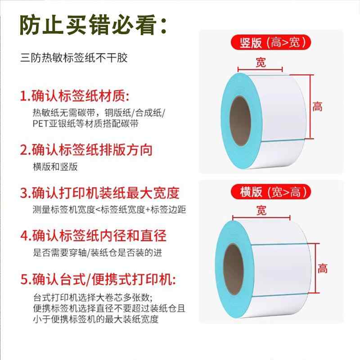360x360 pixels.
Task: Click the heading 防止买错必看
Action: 93,25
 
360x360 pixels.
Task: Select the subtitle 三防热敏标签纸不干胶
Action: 74,58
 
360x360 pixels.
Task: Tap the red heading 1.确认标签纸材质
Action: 75,95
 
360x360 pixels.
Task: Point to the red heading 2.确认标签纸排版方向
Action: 86,150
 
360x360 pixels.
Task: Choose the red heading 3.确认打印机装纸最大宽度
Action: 99,193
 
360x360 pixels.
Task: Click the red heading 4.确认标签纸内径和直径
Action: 93,235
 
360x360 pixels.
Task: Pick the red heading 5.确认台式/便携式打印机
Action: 98,279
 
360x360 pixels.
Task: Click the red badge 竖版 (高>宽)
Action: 271,42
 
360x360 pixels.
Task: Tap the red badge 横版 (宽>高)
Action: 271,192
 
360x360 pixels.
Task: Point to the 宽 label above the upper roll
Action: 261,63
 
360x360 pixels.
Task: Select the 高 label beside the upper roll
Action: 318,107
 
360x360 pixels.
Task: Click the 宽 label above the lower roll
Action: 261,210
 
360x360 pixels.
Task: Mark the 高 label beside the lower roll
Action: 323,268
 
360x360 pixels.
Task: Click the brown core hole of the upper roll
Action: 240,121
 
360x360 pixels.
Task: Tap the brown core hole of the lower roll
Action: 234,269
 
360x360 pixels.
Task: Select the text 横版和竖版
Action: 55,167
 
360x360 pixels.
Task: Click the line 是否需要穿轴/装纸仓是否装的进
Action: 97,253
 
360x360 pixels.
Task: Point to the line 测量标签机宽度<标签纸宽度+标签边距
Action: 109,210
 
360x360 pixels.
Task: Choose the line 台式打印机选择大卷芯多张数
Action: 92,297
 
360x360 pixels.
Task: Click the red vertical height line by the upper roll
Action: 310,107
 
